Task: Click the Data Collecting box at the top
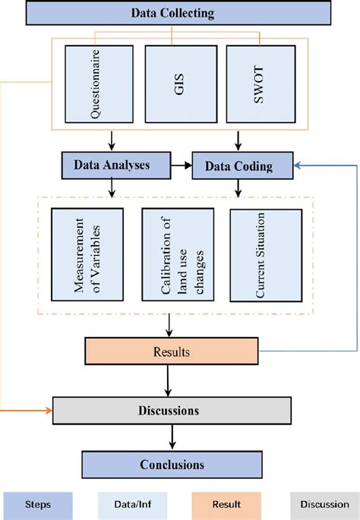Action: click(173, 13)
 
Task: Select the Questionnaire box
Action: click(99, 83)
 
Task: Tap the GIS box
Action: click(180, 83)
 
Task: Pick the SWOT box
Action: click(260, 83)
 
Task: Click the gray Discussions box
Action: click(172, 410)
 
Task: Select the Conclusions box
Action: click(172, 463)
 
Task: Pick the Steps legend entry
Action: click(37, 503)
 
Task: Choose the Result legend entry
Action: click(227, 503)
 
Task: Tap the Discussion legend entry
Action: click(322, 503)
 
